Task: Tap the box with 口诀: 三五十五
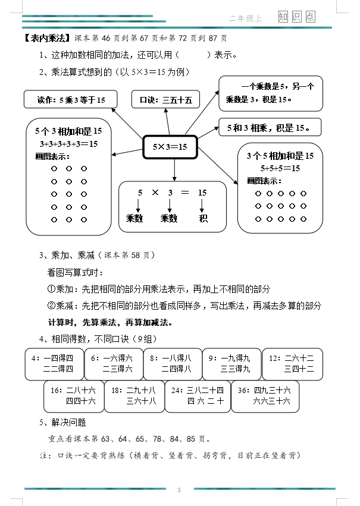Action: coord(165,99)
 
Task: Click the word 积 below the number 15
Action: coord(203,218)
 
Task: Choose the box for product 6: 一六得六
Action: coord(112,363)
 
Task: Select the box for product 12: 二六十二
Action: coord(290,363)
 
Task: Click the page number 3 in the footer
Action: coord(179,490)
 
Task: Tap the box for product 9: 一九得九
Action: coord(231,363)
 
